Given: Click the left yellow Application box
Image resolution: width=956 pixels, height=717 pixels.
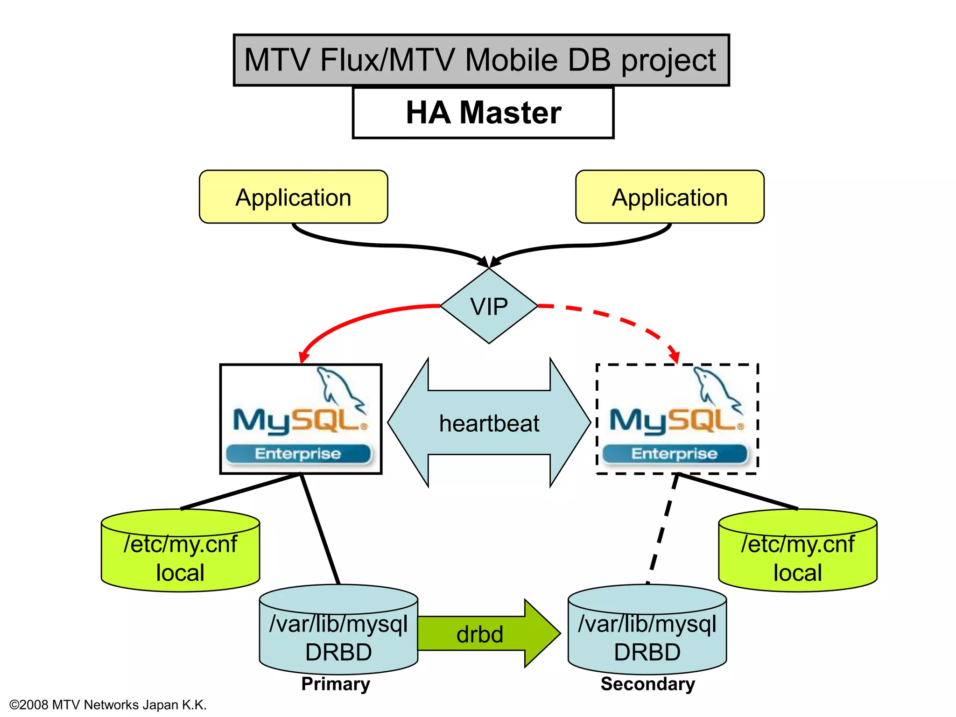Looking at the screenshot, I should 293,197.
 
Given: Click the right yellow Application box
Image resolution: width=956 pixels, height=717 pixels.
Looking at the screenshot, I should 669,197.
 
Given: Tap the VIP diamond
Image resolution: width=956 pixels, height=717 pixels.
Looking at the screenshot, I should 489,307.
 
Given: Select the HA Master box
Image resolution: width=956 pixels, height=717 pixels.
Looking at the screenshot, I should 483,112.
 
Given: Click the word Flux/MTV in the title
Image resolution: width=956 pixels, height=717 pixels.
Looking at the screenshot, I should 387,60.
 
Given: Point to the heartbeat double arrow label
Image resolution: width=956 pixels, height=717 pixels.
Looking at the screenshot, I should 489,423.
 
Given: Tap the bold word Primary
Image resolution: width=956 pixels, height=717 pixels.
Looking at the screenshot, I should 336,684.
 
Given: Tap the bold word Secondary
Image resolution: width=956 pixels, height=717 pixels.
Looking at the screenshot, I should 648,684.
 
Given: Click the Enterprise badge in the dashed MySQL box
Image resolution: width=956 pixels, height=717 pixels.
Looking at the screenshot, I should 675,454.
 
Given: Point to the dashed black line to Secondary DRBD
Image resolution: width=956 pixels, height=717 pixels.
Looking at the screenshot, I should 662,530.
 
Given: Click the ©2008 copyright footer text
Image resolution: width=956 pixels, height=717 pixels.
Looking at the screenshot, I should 108,705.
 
